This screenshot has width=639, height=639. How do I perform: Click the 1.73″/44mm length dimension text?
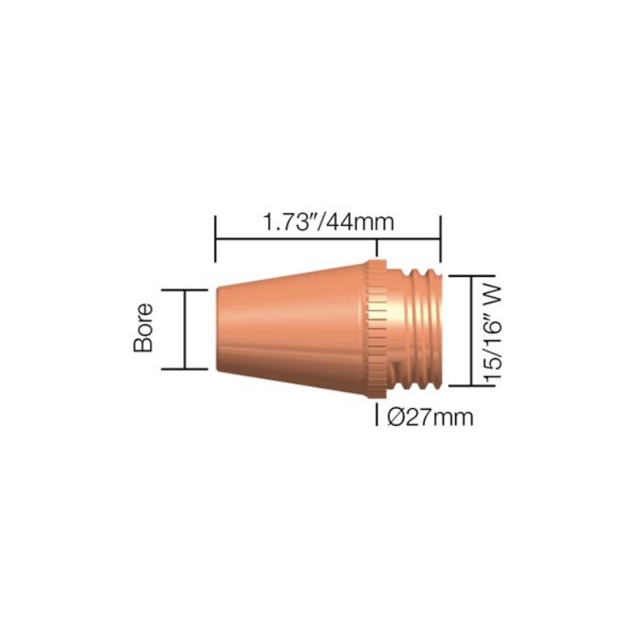tap(328, 223)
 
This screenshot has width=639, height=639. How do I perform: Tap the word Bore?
tap(143, 330)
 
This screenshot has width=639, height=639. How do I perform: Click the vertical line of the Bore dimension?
tap(185, 330)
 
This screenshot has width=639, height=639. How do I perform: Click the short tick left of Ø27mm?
tap(378, 417)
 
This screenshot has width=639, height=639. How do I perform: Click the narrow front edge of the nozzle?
tap(218, 330)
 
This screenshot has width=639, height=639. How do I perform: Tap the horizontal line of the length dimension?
tap(328, 239)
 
